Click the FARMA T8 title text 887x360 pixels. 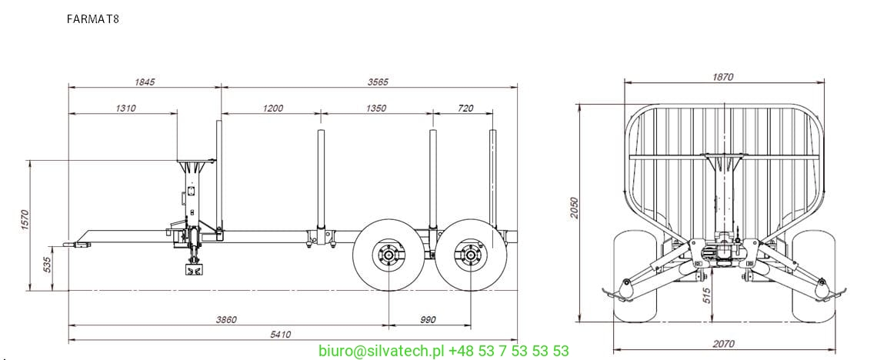point(93,18)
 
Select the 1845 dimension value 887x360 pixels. point(145,82)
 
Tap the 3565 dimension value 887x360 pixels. point(378,82)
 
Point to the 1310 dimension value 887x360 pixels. point(125,108)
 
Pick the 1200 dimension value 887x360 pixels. point(272,108)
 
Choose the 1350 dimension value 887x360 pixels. point(375,108)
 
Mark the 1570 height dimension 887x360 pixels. point(24,221)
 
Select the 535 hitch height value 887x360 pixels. point(47,265)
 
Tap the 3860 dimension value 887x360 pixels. point(225,320)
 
